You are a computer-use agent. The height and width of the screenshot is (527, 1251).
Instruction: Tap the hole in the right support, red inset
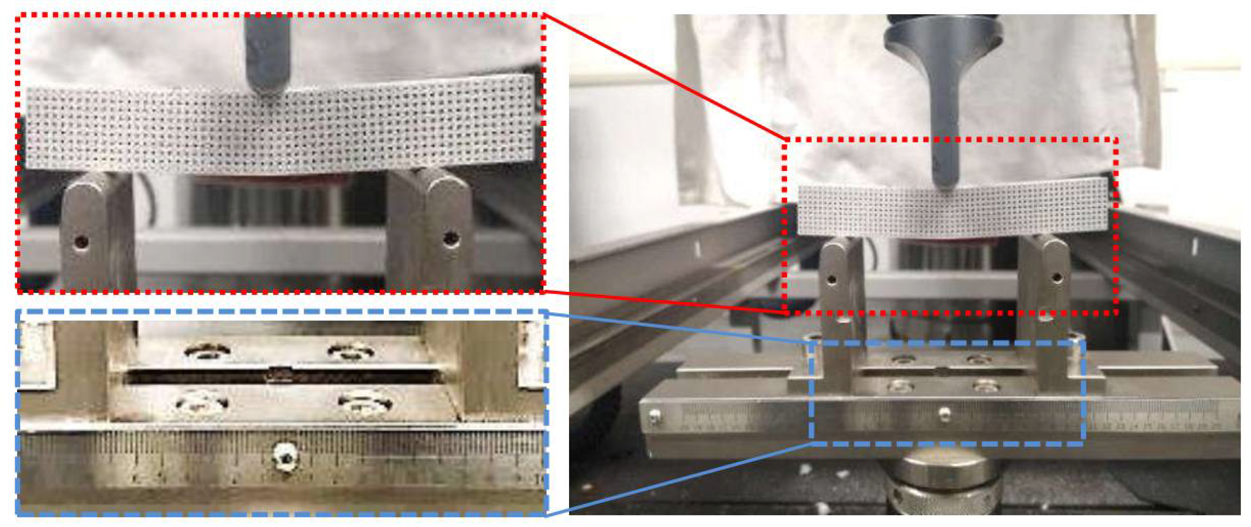pos(451,238)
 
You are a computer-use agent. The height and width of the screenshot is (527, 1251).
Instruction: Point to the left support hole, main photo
pos(832,279)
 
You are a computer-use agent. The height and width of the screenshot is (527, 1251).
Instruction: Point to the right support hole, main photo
pos(1056,277)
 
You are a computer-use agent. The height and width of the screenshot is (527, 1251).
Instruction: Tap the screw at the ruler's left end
pos(655,415)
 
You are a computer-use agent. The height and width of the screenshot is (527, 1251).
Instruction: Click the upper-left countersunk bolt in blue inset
pos(208,351)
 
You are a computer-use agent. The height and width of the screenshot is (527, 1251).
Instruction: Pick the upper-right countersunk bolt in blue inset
pos(350,351)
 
